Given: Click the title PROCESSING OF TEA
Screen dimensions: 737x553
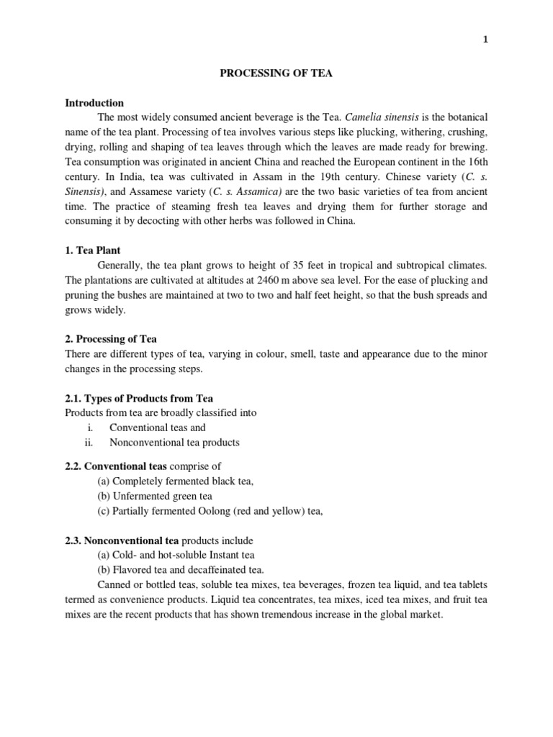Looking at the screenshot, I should point(276,73).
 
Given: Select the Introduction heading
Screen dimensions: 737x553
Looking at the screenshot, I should point(94,103).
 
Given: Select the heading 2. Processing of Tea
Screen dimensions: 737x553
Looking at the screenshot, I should point(111,338).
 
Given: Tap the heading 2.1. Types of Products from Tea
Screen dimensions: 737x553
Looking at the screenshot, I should point(139,398).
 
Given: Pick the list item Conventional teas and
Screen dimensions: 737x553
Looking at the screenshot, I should point(157,428).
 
